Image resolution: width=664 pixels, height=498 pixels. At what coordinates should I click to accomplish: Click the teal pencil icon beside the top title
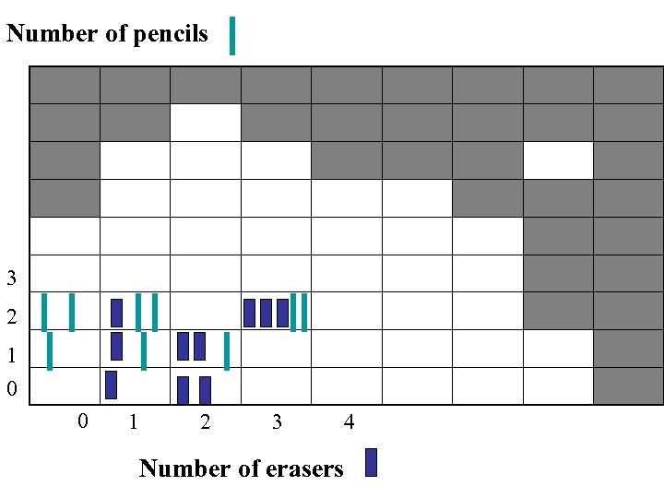231,36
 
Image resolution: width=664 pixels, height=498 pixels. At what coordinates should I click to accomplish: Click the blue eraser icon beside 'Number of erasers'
371,462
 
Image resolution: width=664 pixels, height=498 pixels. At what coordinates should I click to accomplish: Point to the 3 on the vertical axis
11,278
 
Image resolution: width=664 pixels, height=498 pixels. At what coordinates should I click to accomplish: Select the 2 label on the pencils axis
11,317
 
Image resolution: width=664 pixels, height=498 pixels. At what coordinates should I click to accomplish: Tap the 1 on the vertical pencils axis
11,355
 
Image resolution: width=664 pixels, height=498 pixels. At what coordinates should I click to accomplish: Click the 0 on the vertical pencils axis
11,389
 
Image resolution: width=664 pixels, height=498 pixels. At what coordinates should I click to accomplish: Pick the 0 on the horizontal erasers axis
83,421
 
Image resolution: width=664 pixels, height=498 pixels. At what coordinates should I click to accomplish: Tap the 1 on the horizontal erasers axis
135,422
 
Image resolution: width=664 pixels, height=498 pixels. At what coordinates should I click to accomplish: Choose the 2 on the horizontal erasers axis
205,422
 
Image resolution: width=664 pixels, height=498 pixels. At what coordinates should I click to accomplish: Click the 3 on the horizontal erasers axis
277,422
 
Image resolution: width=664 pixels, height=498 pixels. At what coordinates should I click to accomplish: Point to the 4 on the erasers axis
349,422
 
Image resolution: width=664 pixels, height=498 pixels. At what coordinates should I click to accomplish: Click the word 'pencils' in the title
172,34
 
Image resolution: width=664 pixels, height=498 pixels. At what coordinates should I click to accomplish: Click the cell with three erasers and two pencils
276,312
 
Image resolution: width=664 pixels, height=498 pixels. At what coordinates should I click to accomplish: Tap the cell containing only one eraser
135,385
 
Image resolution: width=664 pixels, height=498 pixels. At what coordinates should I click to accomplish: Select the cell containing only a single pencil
65,349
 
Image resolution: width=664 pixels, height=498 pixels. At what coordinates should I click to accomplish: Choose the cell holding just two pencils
65,311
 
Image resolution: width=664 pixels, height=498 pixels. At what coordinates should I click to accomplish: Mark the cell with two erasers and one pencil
205,349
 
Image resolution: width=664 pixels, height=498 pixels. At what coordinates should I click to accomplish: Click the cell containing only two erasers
205,385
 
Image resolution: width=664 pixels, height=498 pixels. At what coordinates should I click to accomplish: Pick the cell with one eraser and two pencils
135,311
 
